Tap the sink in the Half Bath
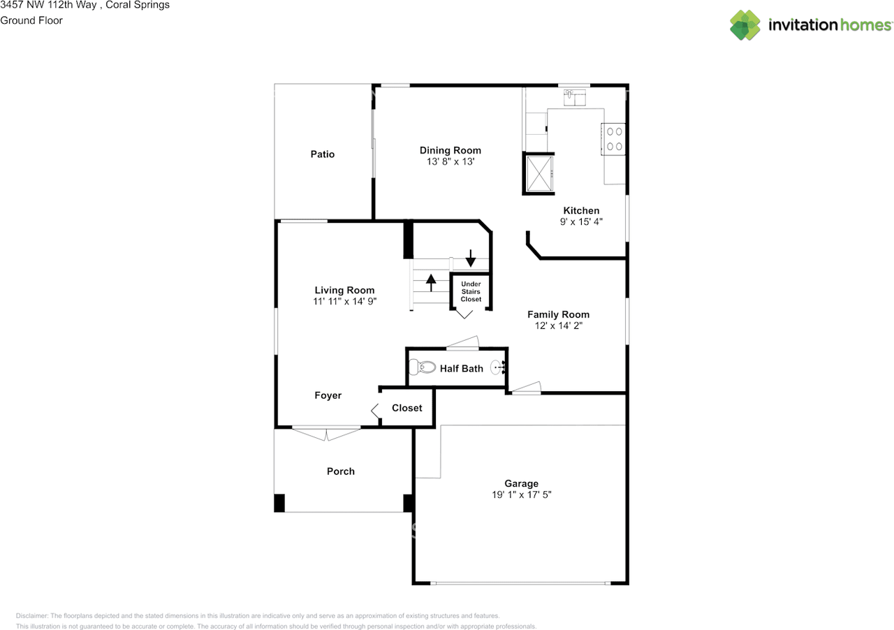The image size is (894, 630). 498,367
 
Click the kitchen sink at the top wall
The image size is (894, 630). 575,96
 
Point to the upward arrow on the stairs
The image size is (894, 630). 431,282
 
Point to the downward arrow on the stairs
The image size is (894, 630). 471,258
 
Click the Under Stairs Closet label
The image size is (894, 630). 471,291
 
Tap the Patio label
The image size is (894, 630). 323,154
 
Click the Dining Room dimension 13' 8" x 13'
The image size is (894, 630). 450,161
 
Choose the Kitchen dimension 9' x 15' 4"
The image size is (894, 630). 581,222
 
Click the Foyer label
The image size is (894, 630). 328,395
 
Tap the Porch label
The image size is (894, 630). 341,471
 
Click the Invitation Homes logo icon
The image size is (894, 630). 745,25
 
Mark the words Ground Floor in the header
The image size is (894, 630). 31,20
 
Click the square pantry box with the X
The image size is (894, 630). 538,173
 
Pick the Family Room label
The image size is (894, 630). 558,314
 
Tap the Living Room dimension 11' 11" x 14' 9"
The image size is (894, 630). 345,302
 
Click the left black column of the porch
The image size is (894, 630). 279,503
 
